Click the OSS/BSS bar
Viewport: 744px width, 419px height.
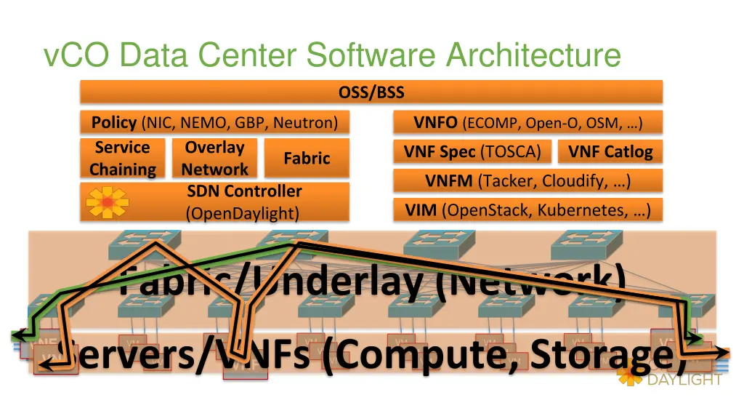(x=371, y=92)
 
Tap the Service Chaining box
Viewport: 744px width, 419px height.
(x=122, y=159)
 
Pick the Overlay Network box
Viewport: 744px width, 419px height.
(x=214, y=159)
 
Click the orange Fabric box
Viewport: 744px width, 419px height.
(x=307, y=159)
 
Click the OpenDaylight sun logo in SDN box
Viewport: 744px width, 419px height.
(x=107, y=201)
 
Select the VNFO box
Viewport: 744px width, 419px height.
(x=527, y=122)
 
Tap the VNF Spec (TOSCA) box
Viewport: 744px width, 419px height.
(x=472, y=152)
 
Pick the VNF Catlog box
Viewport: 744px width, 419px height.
(x=610, y=152)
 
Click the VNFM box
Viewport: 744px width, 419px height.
(x=527, y=180)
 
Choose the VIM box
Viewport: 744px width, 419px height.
(x=527, y=210)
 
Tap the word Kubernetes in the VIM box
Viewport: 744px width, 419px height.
(x=589, y=210)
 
